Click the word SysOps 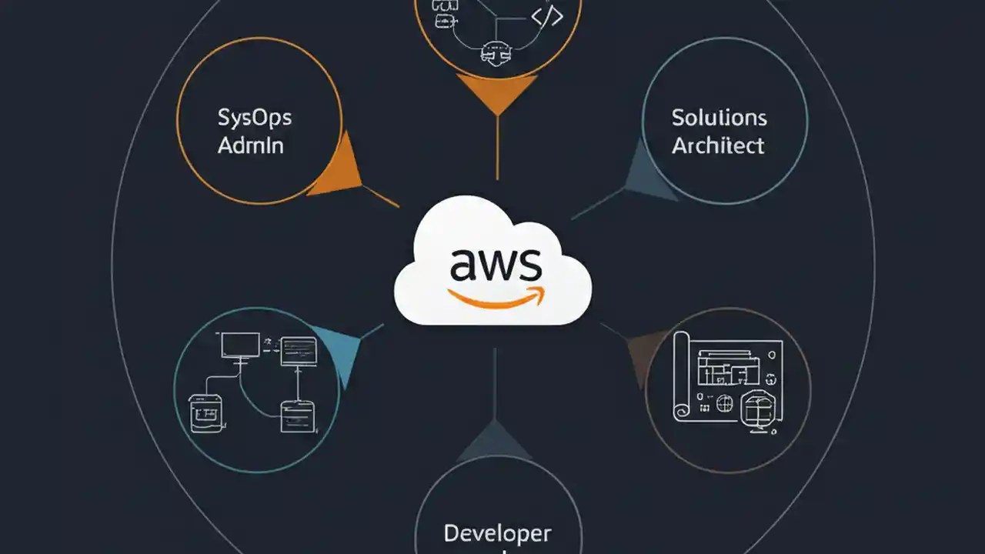[254, 118]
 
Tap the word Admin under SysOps [250, 145]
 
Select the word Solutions [719, 118]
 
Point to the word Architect [718, 145]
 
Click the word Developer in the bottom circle [497, 532]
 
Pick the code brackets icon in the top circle [547, 15]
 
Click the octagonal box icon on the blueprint [757, 407]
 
